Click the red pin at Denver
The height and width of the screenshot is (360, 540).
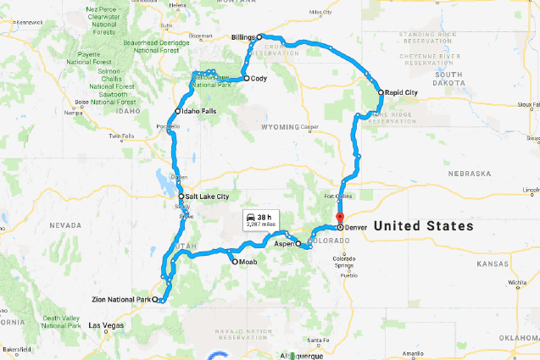tap(338, 225)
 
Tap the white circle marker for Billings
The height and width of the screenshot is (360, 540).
tap(260, 37)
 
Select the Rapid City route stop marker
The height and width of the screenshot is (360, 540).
tap(380, 91)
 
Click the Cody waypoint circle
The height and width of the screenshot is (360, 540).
tap(247, 78)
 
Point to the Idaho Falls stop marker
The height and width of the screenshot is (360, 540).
tap(178, 112)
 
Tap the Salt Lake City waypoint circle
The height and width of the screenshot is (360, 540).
tap(181, 197)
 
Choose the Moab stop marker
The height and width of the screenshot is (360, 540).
tap(235, 262)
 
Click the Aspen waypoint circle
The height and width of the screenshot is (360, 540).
tap(298, 243)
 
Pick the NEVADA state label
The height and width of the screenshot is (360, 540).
tap(64, 225)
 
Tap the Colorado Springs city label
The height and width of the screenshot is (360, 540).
tap(347, 262)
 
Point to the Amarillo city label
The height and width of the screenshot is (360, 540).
tap(413, 352)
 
